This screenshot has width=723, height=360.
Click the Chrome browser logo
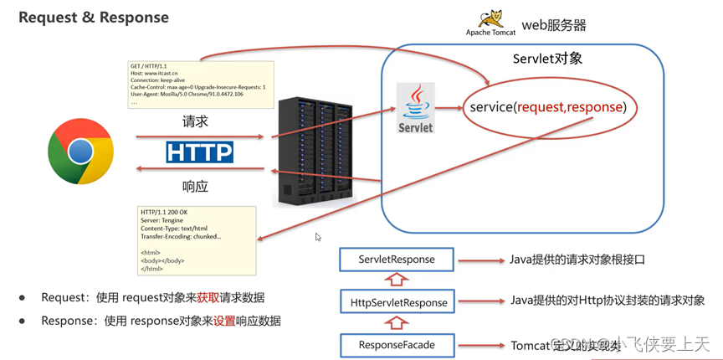pyautogui.click(x=80, y=151)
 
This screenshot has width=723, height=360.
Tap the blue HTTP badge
pyautogui.click(x=199, y=152)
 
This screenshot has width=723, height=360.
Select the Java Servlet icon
pyautogui.click(x=416, y=108)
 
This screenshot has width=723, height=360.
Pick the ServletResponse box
pyautogui.click(x=397, y=260)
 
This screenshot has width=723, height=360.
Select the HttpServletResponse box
pyautogui.click(x=397, y=302)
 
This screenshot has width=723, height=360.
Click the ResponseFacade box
pyautogui.click(x=397, y=345)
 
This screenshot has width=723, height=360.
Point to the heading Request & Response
pyautogui.click(x=93, y=18)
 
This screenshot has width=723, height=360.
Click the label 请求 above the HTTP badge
pyautogui.click(x=196, y=121)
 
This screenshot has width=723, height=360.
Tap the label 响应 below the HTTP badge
pyautogui.click(x=196, y=185)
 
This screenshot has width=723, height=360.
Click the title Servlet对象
pyautogui.click(x=547, y=59)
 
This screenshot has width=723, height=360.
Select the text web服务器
pyautogui.click(x=554, y=25)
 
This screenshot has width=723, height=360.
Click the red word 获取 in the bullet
pyautogui.click(x=208, y=297)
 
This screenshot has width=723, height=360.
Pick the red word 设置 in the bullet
pyautogui.click(x=224, y=321)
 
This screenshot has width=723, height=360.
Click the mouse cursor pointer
pyautogui.click(x=318, y=237)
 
